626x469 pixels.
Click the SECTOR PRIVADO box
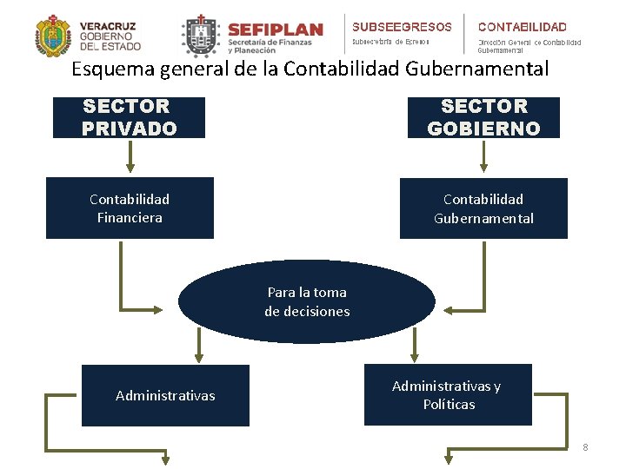129,117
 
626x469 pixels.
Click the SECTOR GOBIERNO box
483,117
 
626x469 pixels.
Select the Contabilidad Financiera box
130,208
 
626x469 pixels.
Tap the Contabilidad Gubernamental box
483,208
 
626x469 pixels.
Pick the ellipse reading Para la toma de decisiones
307,301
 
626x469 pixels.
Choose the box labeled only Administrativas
165,395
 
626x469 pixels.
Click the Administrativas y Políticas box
447,394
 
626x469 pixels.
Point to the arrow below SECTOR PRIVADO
130,156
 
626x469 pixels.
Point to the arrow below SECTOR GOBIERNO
484,156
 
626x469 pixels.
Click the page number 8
585,447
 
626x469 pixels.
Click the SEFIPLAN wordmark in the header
275,29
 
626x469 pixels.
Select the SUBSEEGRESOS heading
402,27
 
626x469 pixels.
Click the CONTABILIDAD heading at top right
523,27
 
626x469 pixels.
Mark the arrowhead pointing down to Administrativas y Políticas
416,355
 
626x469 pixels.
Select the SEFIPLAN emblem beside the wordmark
201,36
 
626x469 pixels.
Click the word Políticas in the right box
449,405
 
